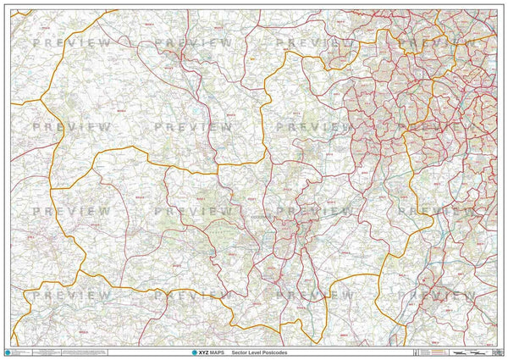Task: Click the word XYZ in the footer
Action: tap(200, 351)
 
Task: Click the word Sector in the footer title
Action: tap(251, 351)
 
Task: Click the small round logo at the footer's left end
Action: tap(8, 351)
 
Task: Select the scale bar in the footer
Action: tap(471, 351)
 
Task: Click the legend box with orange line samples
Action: tap(433, 351)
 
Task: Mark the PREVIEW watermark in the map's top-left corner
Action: tap(71, 42)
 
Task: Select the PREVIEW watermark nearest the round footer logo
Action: tap(71, 295)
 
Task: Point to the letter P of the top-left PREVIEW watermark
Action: tap(36, 42)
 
